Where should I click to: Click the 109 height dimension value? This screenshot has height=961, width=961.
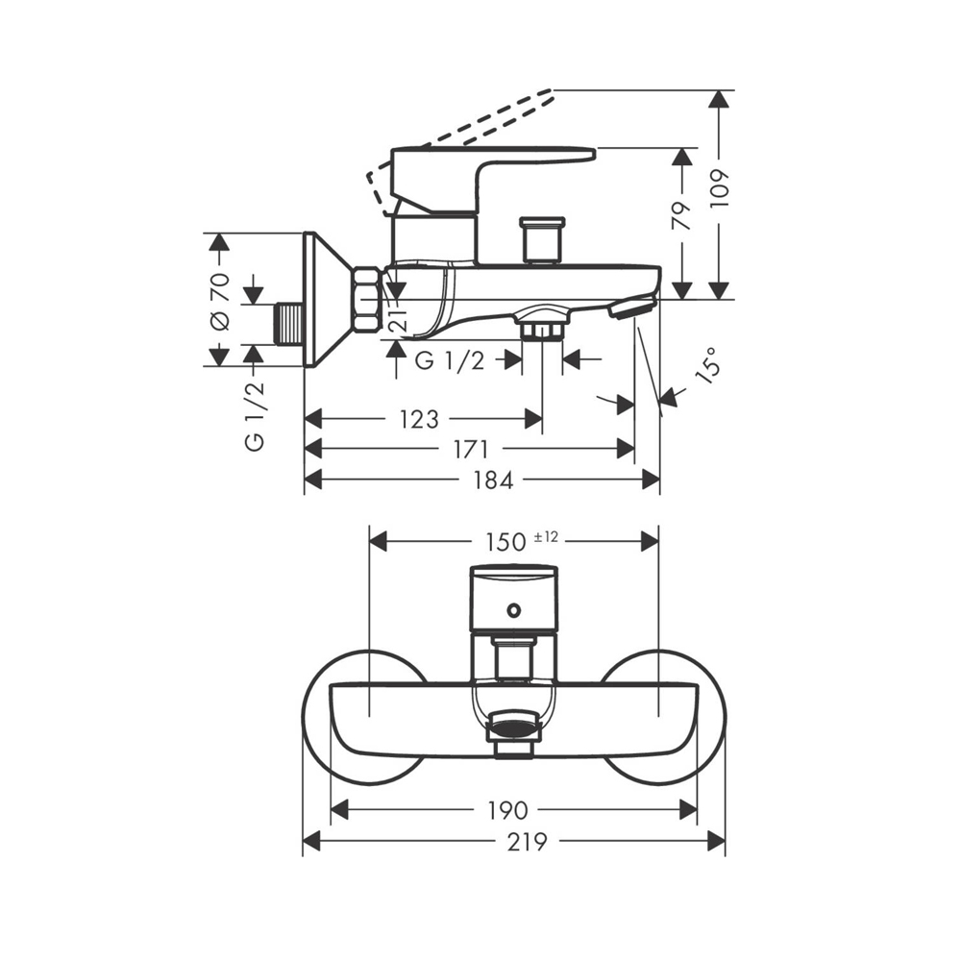tap(722, 189)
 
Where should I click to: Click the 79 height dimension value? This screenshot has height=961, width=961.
tap(681, 214)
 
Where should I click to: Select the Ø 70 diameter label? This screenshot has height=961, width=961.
tap(219, 301)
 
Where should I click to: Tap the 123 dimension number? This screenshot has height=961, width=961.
tap(419, 420)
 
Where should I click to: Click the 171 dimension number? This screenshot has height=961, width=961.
tap(471, 450)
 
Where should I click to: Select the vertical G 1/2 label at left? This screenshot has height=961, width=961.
tap(254, 415)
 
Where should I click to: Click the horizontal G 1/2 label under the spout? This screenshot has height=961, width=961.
tap(448, 360)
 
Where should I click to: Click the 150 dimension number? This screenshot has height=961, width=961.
tap(505, 542)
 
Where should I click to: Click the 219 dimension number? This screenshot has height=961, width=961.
tap(528, 843)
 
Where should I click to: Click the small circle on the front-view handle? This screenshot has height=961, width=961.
tap(514, 608)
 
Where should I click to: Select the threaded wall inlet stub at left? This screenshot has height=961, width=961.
tap(287, 324)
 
